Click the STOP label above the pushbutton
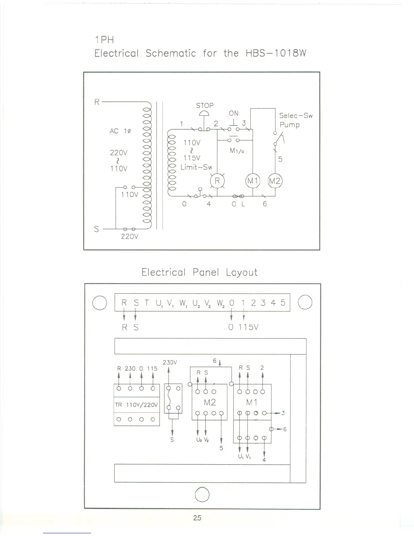205,106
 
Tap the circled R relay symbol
217,181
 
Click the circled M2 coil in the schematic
275,181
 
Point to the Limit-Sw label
196,167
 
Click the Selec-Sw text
296,116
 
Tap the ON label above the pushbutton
233,113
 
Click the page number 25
197,518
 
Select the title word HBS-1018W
276,53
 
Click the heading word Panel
206,272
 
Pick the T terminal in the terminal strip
146,303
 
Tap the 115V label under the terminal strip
248,327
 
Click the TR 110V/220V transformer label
137,405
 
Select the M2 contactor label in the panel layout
210,402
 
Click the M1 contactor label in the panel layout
252,402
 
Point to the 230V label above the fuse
169,362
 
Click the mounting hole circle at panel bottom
202,495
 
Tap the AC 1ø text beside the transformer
120,131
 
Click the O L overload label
238,204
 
